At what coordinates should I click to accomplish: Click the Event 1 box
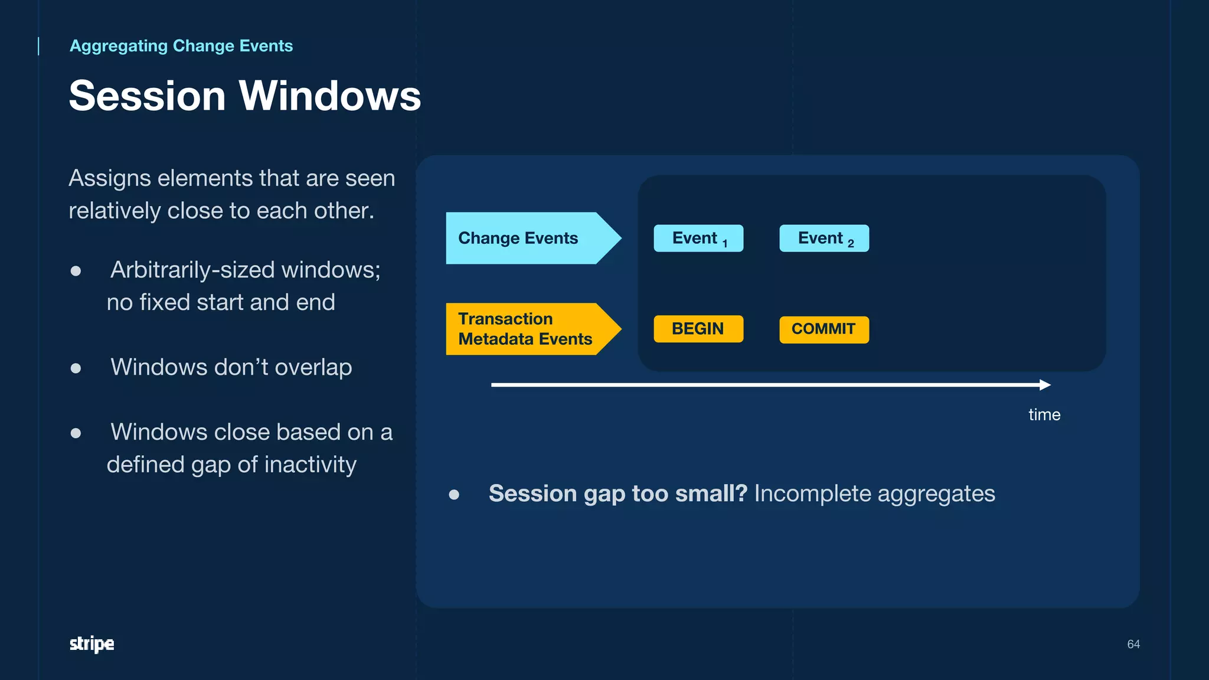pos(698,238)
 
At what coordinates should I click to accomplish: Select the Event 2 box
pos(824,238)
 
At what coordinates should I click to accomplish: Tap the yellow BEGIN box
pos(698,329)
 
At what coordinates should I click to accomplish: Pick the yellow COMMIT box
pos(824,329)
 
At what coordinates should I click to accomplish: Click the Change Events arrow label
pos(525,238)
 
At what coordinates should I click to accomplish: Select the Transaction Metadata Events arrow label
pos(525,329)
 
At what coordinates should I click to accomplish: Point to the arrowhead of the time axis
pos(1045,385)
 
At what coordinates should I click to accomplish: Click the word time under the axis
pos(1044,414)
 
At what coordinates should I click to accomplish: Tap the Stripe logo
pos(92,643)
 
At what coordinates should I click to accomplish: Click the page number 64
pos(1133,644)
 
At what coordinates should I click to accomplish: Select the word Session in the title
pos(148,96)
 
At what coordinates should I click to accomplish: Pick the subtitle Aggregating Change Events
pos(181,46)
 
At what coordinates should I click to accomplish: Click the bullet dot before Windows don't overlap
pos(76,368)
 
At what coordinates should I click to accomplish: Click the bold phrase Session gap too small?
pos(617,493)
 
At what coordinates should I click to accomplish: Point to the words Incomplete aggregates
pos(874,493)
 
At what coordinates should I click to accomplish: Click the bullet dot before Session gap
pos(454,495)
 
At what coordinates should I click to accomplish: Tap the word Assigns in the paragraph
pos(109,178)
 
